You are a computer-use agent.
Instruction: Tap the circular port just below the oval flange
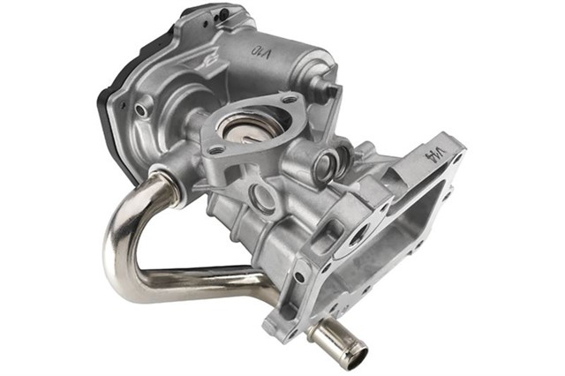(261, 195)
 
